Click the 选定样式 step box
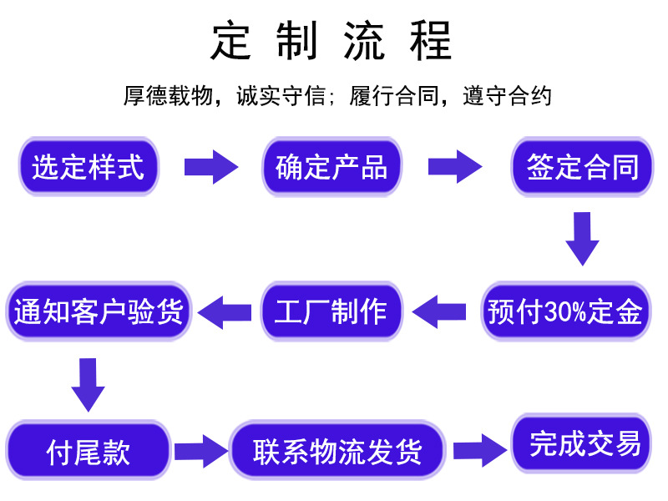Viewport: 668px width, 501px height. coord(88,167)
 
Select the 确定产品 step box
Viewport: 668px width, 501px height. coord(331,167)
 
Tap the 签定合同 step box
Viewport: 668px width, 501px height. coord(582,167)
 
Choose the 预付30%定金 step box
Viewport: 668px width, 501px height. coord(565,311)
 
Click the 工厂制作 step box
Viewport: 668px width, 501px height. coord(331,311)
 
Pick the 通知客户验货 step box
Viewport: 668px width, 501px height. coord(99,311)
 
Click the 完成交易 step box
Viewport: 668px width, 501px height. coord(581,443)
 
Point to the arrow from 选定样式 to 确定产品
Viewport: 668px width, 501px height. coord(210,167)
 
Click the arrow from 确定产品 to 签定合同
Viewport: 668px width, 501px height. coord(455,167)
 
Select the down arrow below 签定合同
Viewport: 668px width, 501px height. coord(582,239)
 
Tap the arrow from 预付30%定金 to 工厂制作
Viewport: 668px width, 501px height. coord(440,311)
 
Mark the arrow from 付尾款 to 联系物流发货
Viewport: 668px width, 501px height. coord(200,452)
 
